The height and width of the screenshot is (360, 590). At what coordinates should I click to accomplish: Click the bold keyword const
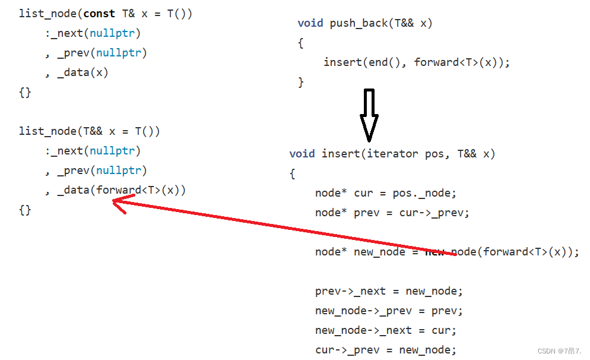(x=99, y=14)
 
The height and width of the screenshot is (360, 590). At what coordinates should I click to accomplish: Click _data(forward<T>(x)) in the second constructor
(x=122, y=190)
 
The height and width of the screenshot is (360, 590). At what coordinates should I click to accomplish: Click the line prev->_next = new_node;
(x=389, y=291)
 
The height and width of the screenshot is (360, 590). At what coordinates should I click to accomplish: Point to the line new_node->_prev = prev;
(x=389, y=311)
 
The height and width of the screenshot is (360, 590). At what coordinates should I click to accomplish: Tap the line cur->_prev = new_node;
(x=386, y=350)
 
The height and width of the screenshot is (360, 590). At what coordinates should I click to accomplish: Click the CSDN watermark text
(x=560, y=351)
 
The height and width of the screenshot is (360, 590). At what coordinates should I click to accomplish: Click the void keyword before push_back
(x=310, y=23)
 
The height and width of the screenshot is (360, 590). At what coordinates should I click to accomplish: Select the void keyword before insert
(x=302, y=154)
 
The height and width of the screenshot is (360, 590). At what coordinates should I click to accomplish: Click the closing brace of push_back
(x=301, y=82)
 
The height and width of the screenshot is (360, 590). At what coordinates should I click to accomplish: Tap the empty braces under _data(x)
(x=25, y=92)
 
